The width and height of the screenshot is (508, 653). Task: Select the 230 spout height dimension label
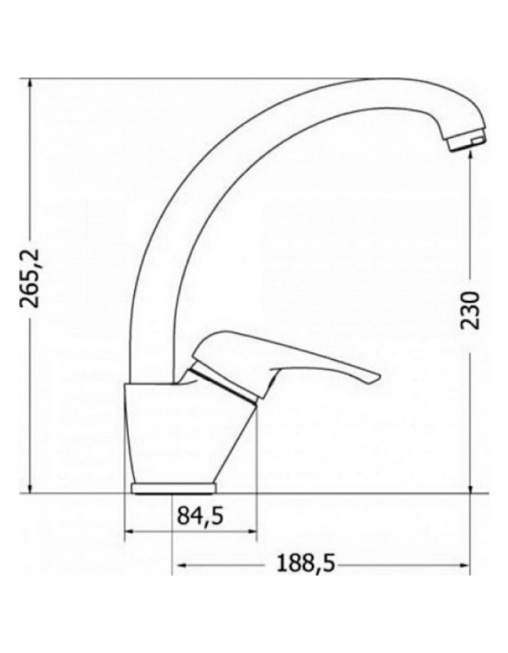(472, 310)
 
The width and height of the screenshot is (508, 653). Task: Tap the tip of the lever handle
(375, 377)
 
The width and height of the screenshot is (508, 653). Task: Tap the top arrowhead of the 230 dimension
(472, 156)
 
